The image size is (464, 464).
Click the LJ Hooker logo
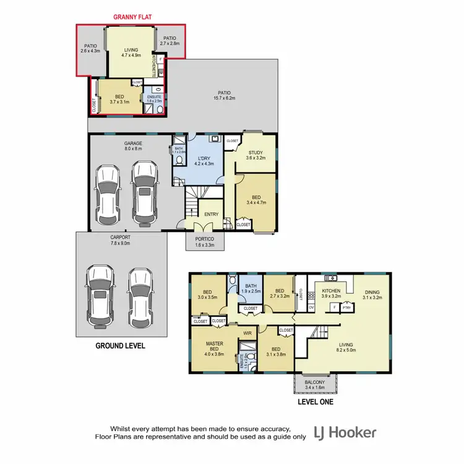click(345, 432)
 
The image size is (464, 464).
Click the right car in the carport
click(140, 298)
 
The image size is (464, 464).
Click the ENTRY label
click(212, 215)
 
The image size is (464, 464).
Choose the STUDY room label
click(256, 154)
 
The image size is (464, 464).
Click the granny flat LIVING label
click(131, 51)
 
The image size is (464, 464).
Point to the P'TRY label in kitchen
click(347, 307)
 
